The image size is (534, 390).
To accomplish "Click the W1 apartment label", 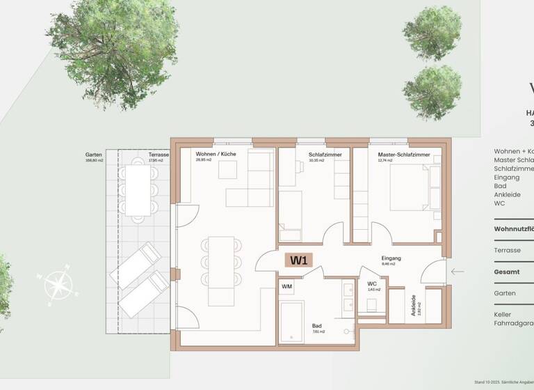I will tap(299, 261).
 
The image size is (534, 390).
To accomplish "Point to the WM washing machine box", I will tap(286, 286).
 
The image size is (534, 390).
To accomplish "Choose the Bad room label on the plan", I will tap(316, 325).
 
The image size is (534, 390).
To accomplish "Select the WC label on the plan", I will tap(371, 284).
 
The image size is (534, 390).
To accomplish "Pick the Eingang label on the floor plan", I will tap(391, 258).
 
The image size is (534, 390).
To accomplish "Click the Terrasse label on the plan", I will tap(156, 155).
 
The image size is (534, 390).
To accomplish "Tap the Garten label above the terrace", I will tap(94, 155).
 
